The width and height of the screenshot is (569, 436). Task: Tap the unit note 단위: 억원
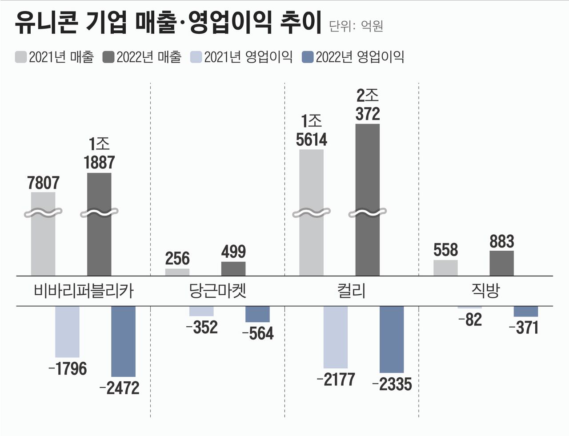[x=356, y=26]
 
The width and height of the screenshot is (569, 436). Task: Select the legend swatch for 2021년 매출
[x=21, y=57]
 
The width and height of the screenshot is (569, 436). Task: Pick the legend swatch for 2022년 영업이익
[x=308, y=57]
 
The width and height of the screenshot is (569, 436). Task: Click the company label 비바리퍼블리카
[x=84, y=291]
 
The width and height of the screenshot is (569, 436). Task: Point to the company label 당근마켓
[x=217, y=291]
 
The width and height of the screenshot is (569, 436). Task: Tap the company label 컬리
[x=351, y=291]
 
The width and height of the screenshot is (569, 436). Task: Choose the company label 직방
[x=485, y=291]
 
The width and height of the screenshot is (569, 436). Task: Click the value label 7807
[x=43, y=183]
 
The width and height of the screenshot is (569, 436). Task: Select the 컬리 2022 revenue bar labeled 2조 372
[x=368, y=178]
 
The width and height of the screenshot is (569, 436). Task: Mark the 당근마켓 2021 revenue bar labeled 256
[x=177, y=272]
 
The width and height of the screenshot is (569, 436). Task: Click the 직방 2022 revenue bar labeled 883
[x=501, y=263]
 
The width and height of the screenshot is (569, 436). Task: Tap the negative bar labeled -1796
[x=67, y=332]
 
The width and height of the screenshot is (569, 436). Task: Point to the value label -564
[x=258, y=333]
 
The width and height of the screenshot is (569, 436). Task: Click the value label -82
[x=470, y=320]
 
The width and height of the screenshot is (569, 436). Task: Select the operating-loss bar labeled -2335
[x=392, y=339]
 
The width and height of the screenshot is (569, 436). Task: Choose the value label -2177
[x=336, y=380]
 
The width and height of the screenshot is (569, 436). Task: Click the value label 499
[x=233, y=252]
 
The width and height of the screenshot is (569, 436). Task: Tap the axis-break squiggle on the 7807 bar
[x=43, y=213]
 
